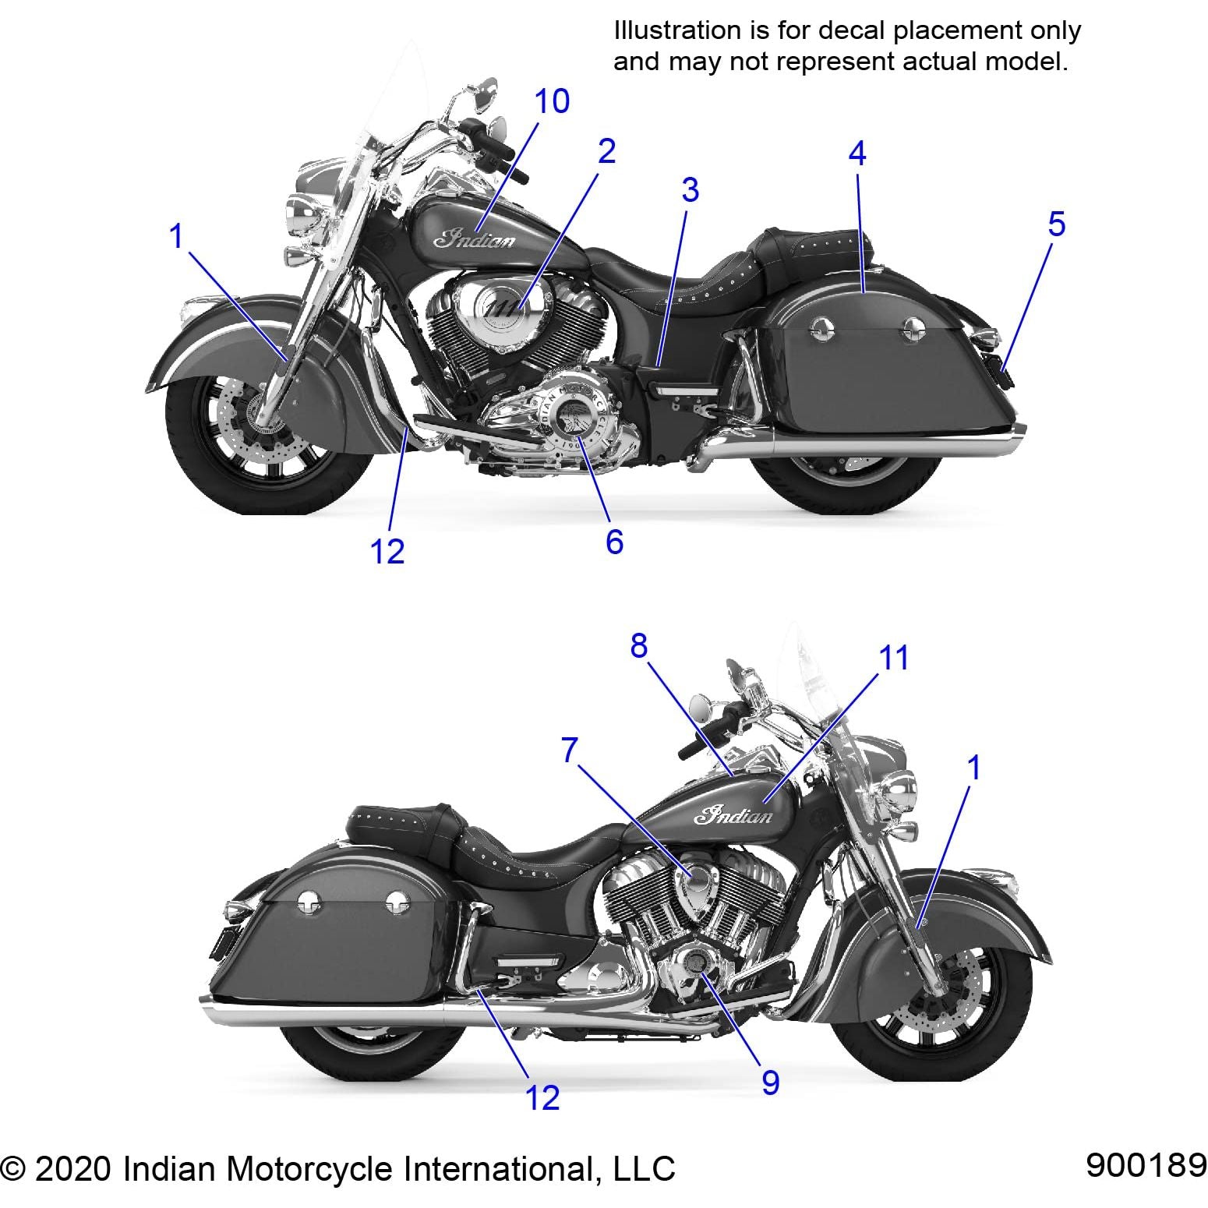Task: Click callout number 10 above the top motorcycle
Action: tap(552, 101)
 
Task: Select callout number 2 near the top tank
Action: tap(606, 151)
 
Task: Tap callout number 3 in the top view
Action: tap(690, 190)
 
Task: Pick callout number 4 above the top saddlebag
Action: tap(857, 154)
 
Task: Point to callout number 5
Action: tap(1056, 224)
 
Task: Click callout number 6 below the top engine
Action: tap(614, 542)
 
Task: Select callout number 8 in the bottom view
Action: tap(638, 646)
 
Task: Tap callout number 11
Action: tap(894, 658)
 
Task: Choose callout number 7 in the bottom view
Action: tap(570, 751)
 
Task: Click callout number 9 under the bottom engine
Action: tap(770, 1082)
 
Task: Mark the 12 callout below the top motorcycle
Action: tap(387, 552)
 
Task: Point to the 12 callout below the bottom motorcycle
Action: tap(542, 1098)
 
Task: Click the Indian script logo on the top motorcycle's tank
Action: tap(475, 238)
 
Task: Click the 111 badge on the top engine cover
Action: tap(503, 309)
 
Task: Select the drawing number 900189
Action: tap(1146, 1166)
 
